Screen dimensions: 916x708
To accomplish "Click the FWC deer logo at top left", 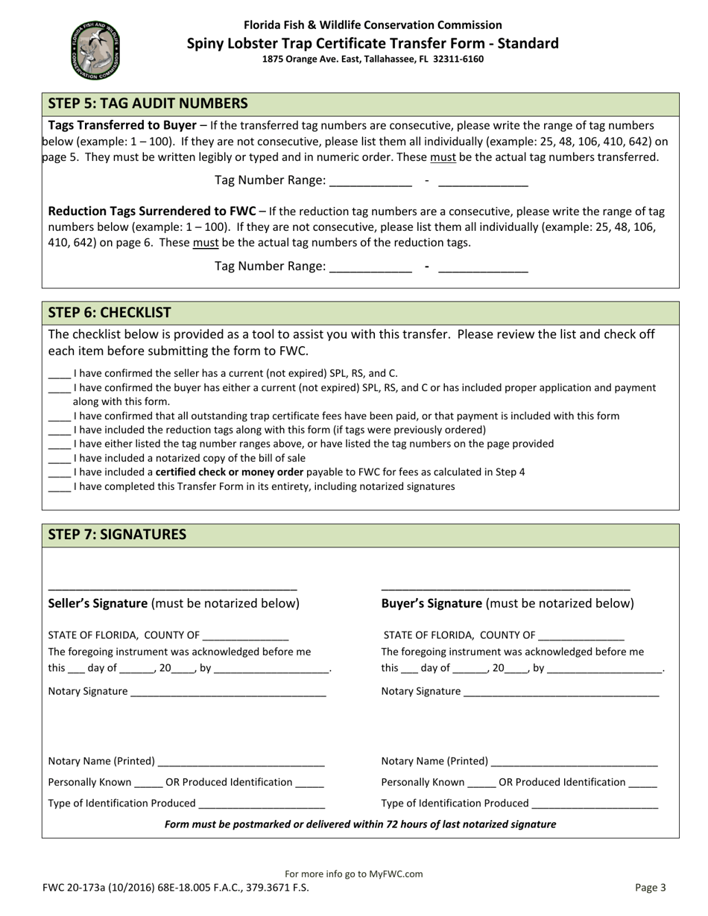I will point(95,50).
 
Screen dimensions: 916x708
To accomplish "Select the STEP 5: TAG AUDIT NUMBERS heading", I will point(148,104).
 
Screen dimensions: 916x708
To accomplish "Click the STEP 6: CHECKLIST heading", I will point(110,312).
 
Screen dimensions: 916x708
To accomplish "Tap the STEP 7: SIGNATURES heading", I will point(117,534).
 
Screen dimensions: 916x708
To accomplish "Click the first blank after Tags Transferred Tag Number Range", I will point(370,182).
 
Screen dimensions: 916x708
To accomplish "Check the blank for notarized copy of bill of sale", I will point(59,459).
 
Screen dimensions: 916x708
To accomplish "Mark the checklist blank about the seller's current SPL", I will point(59,375).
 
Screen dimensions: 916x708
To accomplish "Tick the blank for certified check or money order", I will point(59,474).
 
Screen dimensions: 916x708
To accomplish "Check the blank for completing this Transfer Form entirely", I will point(59,488).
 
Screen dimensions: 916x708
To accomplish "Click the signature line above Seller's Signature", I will point(172,588).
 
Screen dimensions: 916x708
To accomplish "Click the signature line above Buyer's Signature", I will point(505,588).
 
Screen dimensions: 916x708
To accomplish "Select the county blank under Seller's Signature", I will point(245,637).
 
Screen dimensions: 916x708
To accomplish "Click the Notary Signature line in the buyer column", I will point(560,693).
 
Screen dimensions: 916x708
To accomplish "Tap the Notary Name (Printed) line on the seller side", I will point(241,763).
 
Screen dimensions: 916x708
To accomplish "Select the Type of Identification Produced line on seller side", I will point(262,805).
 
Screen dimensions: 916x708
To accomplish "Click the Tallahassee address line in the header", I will point(373,59).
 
